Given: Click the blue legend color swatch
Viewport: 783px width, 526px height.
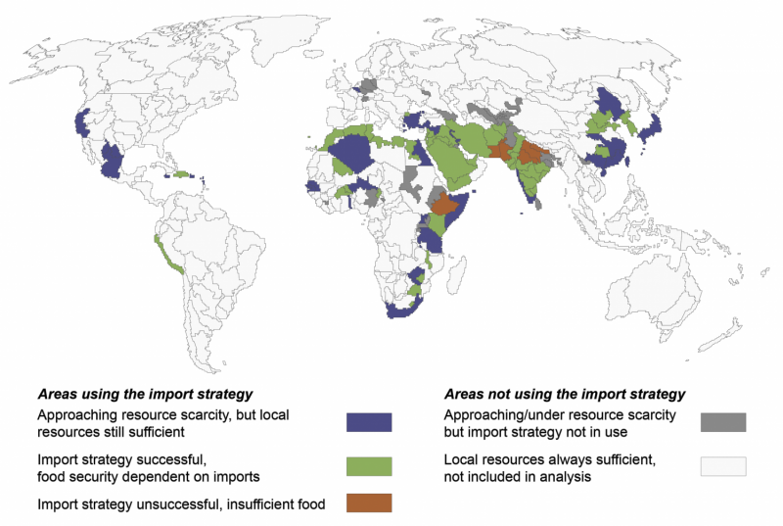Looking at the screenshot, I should click(369, 422).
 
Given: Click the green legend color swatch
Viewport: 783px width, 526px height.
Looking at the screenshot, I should click(369, 466).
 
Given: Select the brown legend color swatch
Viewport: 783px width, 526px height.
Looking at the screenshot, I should click(369, 502).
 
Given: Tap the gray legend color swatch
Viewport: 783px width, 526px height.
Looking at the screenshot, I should click(723, 422).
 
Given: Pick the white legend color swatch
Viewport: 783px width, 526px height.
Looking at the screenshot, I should click(723, 466).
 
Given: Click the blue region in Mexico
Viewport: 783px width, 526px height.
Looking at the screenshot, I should click(116, 159).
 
